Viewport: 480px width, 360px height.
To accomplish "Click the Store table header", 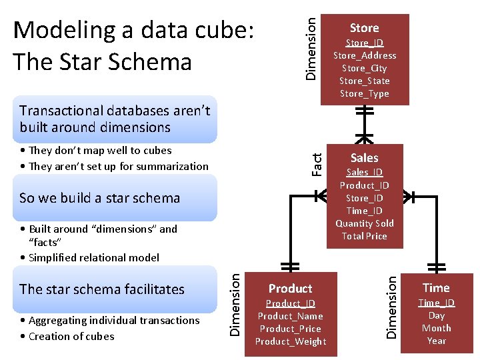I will point(364,28).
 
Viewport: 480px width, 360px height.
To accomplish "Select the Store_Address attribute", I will point(364,55).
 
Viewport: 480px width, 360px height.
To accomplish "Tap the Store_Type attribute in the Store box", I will point(364,93).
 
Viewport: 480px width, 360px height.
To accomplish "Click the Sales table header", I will point(364,158).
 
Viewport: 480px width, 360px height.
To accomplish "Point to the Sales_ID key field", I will point(364,173).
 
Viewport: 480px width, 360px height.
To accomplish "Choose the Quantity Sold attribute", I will point(364,223).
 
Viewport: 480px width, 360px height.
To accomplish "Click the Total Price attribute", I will point(364,236).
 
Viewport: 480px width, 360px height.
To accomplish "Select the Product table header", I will point(290,289).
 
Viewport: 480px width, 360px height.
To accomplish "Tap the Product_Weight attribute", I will point(290,341).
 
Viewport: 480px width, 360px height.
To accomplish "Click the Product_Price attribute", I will point(290,329).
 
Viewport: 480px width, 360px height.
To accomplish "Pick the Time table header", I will point(436,288).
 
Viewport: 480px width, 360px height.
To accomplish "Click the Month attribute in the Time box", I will point(436,328).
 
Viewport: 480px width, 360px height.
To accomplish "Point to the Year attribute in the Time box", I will point(436,341).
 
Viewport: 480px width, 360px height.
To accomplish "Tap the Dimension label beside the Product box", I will point(235,306).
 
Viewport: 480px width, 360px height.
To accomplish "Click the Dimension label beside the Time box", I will point(393,306).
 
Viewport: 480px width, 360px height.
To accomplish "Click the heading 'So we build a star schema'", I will point(100,198).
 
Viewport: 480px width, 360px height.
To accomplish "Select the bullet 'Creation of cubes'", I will point(71,336).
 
